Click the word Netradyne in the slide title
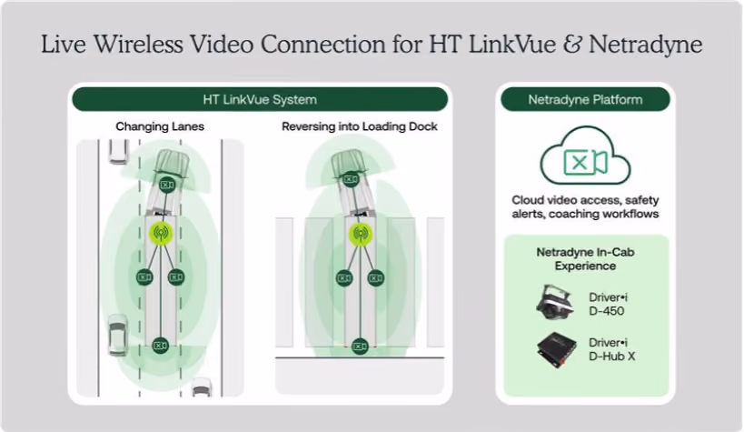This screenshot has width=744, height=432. point(645,45)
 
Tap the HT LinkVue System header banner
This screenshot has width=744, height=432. point(260,99)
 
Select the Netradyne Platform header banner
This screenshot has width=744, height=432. point(585,99)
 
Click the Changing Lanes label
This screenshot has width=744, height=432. point(160,126)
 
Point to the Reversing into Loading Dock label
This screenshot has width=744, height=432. point(359,126)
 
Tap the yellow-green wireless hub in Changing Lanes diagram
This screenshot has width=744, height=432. point(161,233)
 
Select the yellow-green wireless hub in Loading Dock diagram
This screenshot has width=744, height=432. point(361,234)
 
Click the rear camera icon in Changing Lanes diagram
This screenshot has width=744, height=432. point(161,346)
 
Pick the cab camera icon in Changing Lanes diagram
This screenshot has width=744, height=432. point(167,185)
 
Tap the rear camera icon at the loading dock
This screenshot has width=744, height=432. point(360,347)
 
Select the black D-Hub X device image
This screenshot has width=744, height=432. point(557,351)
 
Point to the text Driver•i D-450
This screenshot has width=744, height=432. point(608,304)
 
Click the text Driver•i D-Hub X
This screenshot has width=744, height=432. point(611,349)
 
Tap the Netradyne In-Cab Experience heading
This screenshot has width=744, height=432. point(585,259)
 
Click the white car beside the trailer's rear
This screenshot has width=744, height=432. point(117,335)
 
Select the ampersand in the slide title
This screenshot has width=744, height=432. point(572,45)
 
